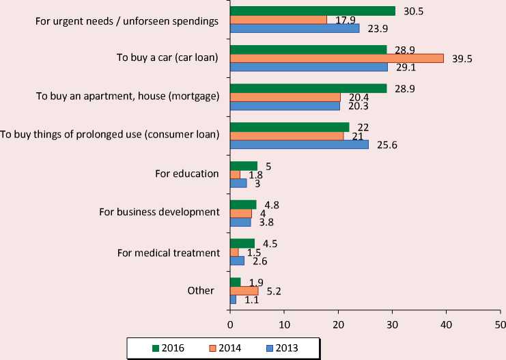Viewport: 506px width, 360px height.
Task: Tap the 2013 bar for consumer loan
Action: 299,144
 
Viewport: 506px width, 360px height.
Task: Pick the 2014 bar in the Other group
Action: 244,290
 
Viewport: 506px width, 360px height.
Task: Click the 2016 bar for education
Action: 244,165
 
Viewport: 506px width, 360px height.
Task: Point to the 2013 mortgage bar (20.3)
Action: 285,106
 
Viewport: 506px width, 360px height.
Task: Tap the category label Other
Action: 201,290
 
